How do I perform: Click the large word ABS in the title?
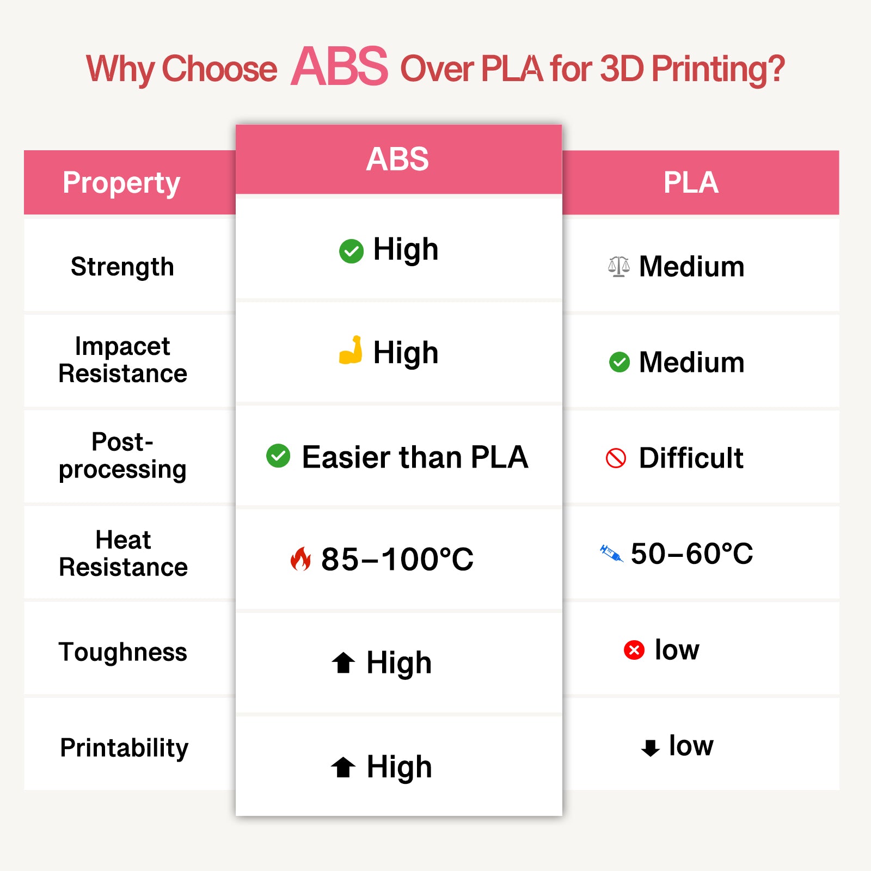point(340,67)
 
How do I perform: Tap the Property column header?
point(121,183)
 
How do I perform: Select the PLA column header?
point(691,182)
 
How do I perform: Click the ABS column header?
point(397,159)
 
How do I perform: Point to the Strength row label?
point(122,267)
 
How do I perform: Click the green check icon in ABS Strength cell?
point(351,251)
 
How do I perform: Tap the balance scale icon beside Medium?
point(619,266)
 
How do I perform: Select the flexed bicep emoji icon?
point(351,350)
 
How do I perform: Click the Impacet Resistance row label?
point(123,360)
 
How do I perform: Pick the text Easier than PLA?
point(415,457)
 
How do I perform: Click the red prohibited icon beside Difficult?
point(616,458)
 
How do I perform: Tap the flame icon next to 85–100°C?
point(300,559)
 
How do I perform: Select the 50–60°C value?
point(691,554)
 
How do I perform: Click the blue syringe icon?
point(611,553)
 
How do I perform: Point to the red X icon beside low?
point(634,649)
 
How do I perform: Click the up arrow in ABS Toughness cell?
point(344,663)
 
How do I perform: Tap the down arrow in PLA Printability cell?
point(650,747)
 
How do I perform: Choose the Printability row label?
point(124,747)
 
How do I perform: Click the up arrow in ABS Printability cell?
point(344,767)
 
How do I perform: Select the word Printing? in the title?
point(718,69)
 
